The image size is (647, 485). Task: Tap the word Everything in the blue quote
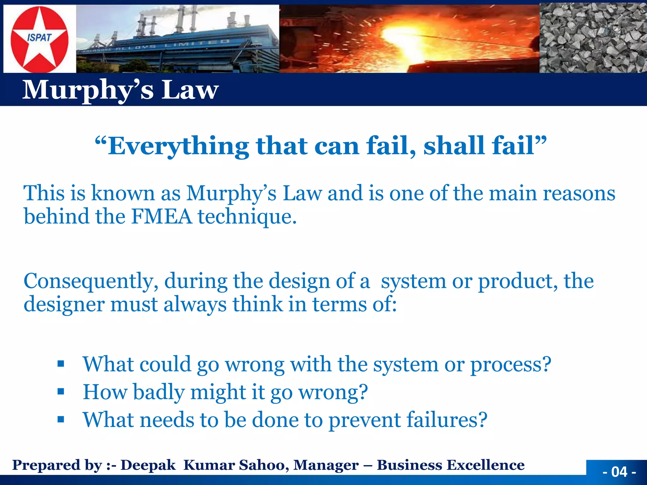pos(178,146)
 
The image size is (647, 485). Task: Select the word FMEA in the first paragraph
pos(161,217)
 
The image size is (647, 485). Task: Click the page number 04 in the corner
pos(619,472)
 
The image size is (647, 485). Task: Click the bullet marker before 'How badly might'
pos(61,392)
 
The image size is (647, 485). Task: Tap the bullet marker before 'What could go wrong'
pos(61,364)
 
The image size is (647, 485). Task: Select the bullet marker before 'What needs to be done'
pos(61,420)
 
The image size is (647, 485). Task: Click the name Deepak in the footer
pos(148,465)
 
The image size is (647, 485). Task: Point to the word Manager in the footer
pos(326,465)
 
